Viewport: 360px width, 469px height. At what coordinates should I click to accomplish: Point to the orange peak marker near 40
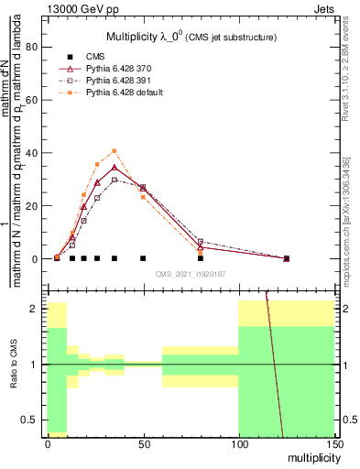pyautogui.click(x=115, y=151)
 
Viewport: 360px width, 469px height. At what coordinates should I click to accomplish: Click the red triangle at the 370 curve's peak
pyautogui.click(x=115, y=167)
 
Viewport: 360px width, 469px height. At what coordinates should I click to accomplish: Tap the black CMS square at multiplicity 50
pyautogui.click(x=143, y=258)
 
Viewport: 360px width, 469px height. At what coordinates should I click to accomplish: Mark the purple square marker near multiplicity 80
pyautogui.click(x=201, y=242)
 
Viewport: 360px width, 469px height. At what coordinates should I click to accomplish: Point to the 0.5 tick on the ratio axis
pyautogui.click(x=30, y=420)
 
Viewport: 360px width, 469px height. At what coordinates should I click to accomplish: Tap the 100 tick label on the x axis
pyautogui.click(x=238, y=443)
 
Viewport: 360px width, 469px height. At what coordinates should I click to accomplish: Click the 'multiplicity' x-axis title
pyautogui.click(x=310, y=457)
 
